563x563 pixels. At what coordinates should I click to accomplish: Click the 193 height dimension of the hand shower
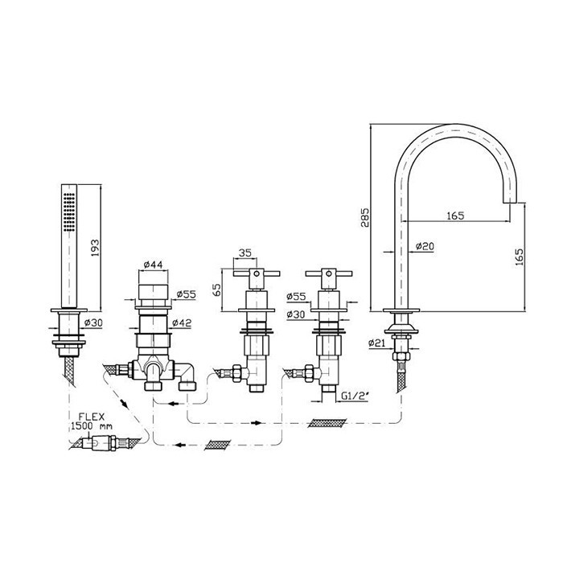click(95, 248)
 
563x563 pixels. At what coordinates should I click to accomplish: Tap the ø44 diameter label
click(153, 265)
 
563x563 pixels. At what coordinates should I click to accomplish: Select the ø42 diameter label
click(182, 323)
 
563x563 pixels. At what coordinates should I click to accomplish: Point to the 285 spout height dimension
click(364, 218)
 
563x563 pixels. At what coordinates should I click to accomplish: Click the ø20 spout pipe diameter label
click(425, 246)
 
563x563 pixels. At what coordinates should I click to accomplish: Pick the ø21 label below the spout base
click(377, 343)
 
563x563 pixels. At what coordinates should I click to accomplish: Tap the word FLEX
click(92, 417)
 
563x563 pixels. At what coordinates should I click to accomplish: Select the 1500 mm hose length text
click(92, 426)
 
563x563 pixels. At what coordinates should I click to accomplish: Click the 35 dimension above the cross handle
click(245, 253)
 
